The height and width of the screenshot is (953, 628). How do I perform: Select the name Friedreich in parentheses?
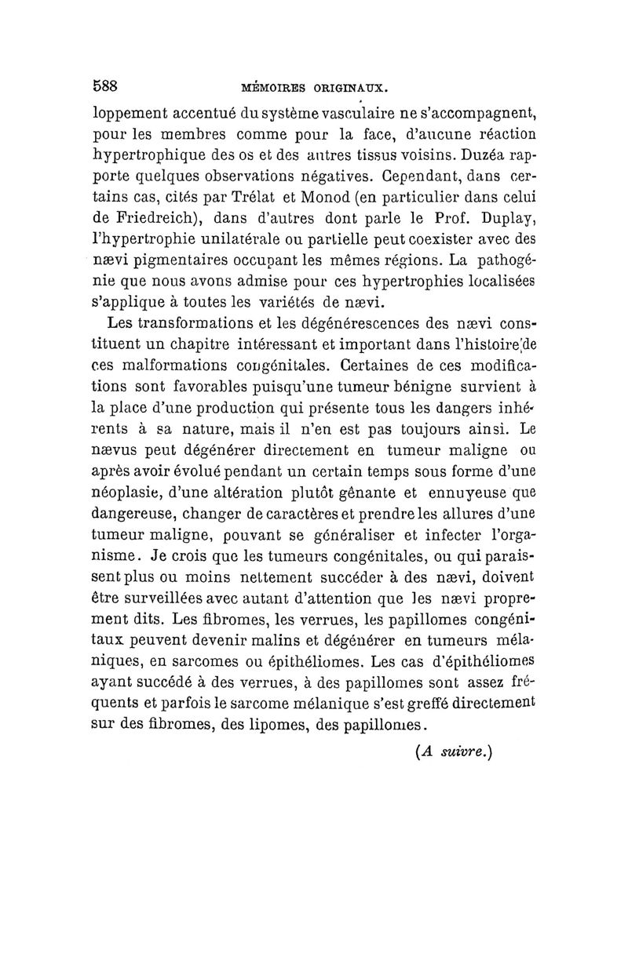click(166, 217)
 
